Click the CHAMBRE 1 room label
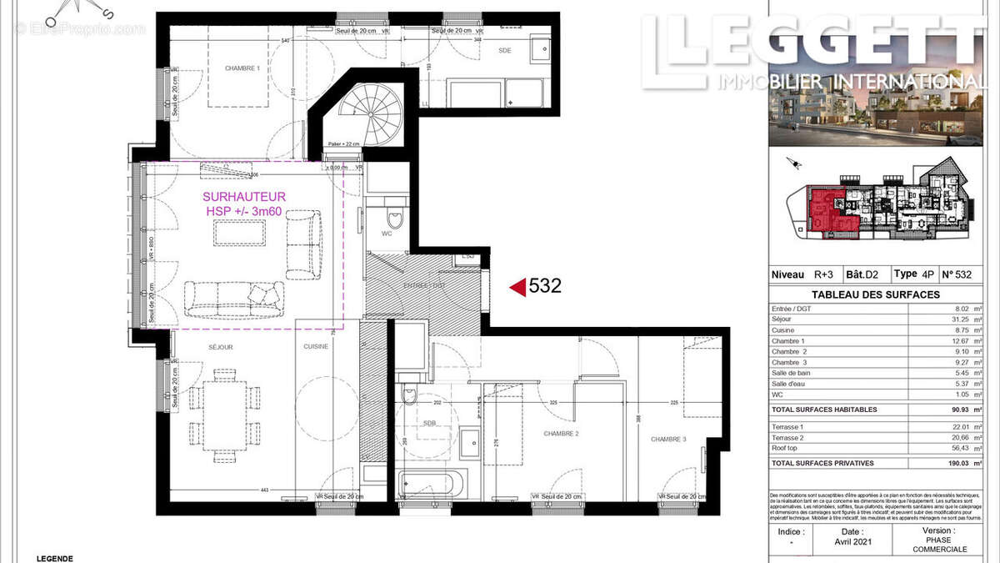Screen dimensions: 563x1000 click(242, 68)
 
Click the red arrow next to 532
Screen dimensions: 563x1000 click(517, 287)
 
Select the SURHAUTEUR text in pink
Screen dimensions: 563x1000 click(237, 197)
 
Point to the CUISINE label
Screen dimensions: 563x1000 click(316, 346)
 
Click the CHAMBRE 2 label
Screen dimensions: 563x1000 click(561, 434)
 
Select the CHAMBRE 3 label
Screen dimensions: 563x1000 click(668, 440)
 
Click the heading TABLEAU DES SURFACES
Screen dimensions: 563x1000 click(875, 294)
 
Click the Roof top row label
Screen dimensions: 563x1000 click(785, 448)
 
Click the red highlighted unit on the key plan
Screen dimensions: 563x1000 click(825, 209)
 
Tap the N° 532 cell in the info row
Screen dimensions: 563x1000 click(957, 274)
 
